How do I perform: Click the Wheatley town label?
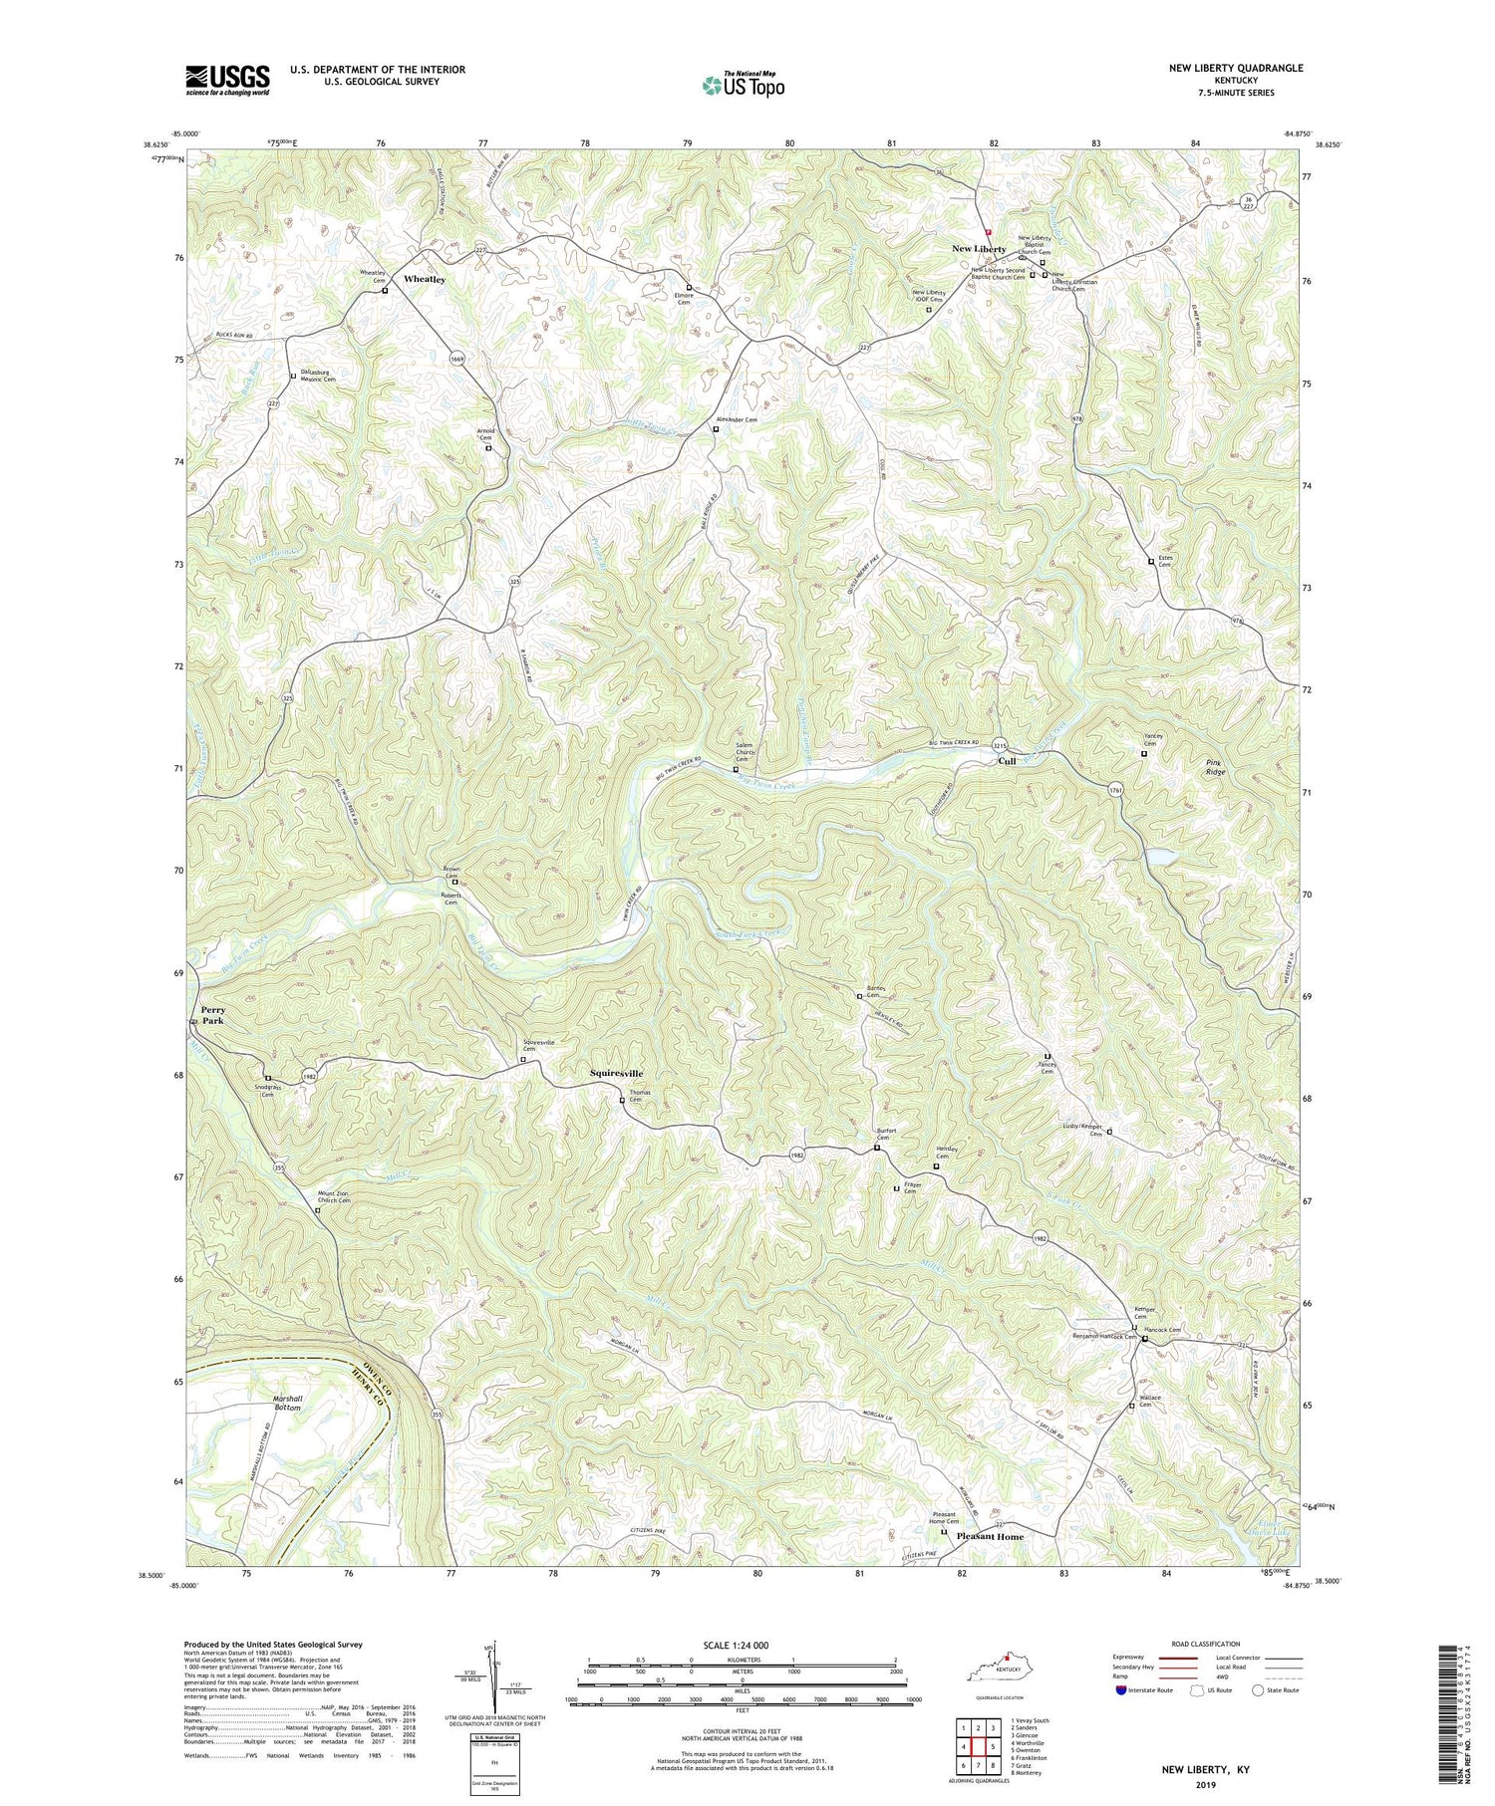tap(425, 280)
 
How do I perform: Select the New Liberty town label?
tap(979, 249)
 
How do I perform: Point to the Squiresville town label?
tap(616, 1073)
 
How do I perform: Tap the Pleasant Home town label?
tap(990, 1537)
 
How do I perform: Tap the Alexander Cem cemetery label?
tap(737, 420)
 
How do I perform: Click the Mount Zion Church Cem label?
tap(334, 1197)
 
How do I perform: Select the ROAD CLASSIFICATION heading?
tap(1205, 1644)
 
